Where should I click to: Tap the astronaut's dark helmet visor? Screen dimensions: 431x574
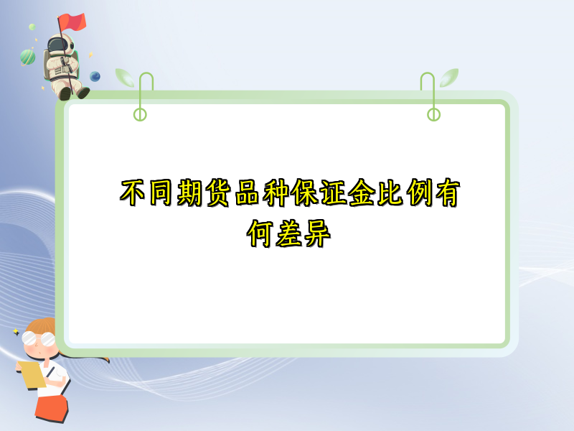tap(57, 45)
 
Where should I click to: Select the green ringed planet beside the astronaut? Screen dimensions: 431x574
tap(28, 55)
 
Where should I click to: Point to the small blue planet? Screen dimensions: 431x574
tap(95, 75)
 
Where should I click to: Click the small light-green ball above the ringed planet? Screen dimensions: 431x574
tap(32, 27)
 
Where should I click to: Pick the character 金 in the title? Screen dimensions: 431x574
tap(360, 193)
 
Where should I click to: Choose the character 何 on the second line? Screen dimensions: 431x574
tap(261, 233)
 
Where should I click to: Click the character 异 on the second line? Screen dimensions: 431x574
tap(317, 233)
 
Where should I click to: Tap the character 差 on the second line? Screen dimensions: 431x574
tap(289, 233)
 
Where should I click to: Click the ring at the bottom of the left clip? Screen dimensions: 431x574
tap(140, 114)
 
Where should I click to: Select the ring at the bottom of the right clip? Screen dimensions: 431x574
tap(433, 114)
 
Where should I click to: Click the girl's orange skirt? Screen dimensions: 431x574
tap(52, 409)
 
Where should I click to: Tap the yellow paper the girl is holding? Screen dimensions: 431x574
tap(31, 374)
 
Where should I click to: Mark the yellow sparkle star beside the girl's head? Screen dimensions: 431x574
tap(15, 331)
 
